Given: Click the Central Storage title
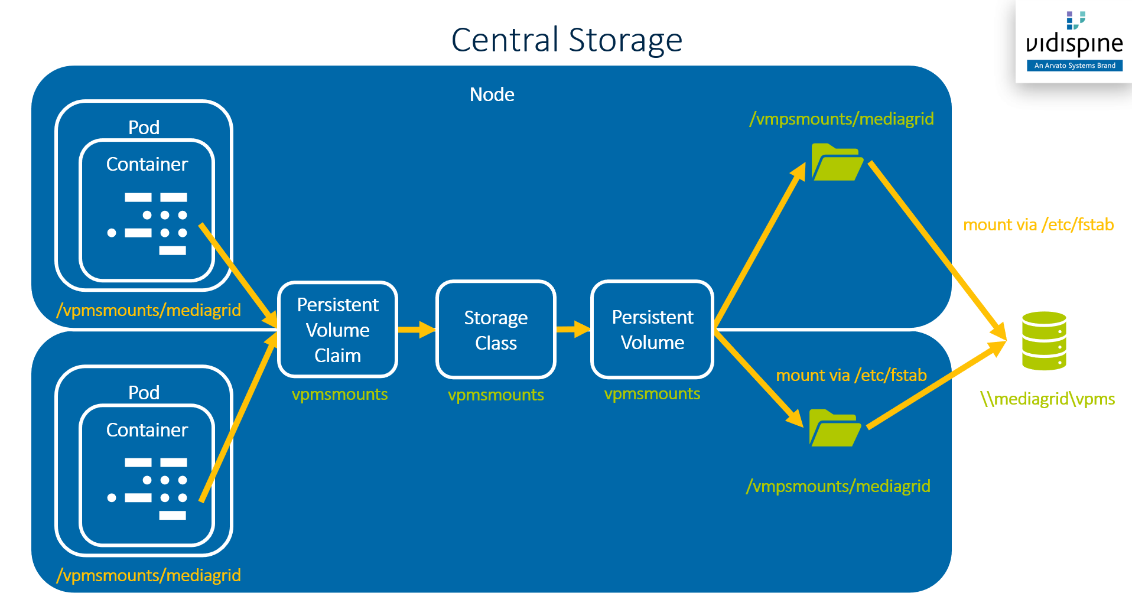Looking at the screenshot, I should [567, 40].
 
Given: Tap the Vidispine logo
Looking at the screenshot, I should [1074, 41].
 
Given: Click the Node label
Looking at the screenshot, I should [492, 95].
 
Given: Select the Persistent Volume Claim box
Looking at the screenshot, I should [337, 330].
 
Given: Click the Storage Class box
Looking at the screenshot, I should [496, 330].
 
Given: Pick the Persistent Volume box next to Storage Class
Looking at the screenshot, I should [652, 330].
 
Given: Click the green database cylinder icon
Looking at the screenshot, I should [1044, 341].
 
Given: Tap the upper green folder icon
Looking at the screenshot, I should [836, 162].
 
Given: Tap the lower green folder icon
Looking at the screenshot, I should [834, 428].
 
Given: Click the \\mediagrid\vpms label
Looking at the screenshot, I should [1048, 399].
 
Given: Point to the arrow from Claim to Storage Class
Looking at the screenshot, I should [417, 329].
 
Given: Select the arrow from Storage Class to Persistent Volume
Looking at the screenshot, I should [573, 329].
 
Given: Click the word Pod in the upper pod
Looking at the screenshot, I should [144, 128].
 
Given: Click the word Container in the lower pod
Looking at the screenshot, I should [147, 430].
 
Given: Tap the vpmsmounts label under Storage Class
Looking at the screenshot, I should [496, 395].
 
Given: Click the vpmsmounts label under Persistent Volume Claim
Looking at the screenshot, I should [340, 394].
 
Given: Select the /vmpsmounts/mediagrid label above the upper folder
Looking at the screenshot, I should [841, 119].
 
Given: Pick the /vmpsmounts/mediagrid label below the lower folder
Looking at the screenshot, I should [838, 486].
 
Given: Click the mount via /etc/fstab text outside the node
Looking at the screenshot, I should [1038, 225].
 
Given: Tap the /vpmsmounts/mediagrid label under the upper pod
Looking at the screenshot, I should [148, 310].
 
